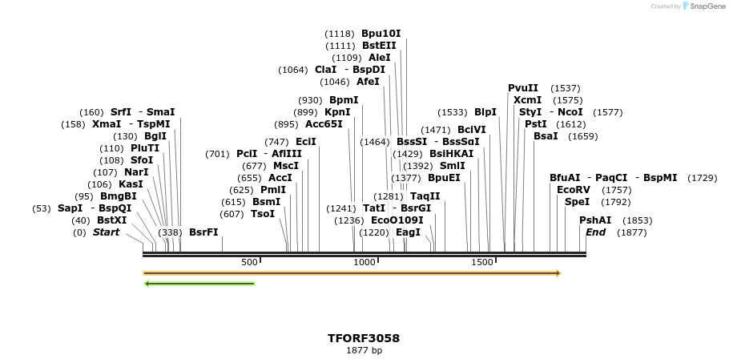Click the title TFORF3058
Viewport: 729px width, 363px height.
364,338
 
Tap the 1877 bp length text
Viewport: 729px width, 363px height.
364,350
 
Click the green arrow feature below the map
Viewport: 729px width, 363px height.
199,283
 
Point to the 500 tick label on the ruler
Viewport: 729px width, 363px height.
249,262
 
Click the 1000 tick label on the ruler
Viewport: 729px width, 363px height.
364,262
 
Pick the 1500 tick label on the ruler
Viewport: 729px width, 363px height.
482,262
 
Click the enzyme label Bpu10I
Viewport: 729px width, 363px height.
381,34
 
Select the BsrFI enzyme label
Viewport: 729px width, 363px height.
203,232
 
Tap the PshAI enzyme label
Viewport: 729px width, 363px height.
595,220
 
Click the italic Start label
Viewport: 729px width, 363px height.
106,232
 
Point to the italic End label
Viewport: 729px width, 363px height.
595,232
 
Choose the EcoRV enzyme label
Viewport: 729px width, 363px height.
574,190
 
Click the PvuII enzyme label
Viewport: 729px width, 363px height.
523,88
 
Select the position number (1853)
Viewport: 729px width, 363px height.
638,220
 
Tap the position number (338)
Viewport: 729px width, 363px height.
171,232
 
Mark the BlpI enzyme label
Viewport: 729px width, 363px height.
485,112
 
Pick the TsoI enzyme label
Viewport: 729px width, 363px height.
263,214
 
